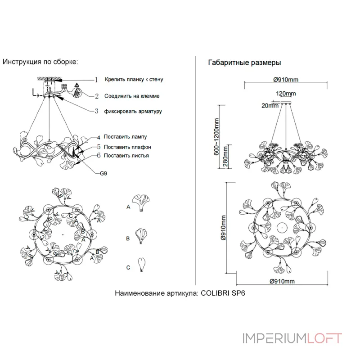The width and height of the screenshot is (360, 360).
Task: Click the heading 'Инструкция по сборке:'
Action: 40,62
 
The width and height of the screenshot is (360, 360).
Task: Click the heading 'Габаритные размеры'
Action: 245,63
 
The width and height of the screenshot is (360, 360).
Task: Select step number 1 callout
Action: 96,80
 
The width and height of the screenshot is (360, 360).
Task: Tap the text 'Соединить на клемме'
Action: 132,96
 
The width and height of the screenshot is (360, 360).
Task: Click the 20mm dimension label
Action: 270,106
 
